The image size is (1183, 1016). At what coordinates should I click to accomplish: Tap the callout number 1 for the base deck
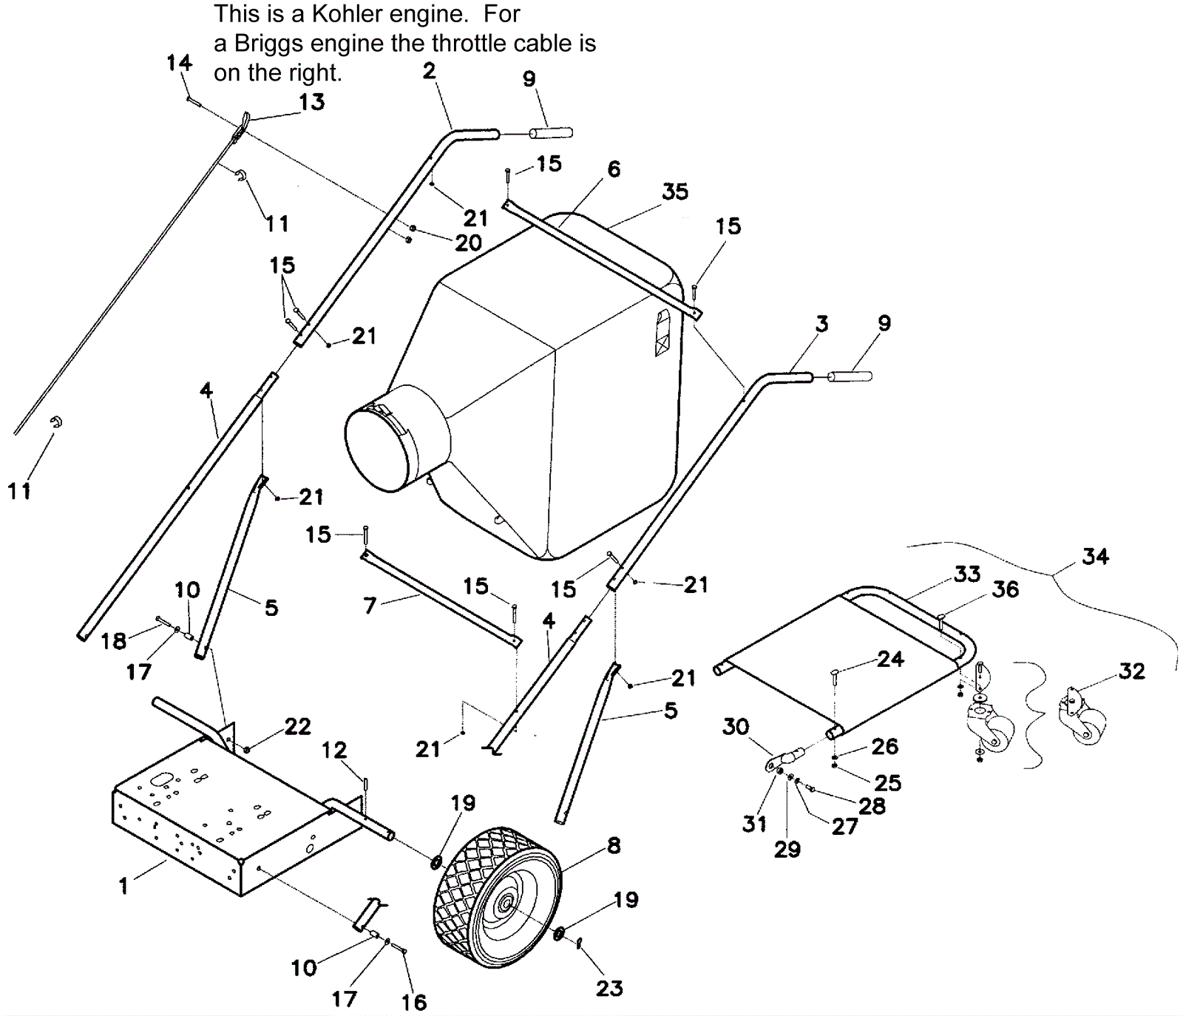[123, 885]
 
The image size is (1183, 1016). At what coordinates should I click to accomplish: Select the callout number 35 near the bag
[674, 192]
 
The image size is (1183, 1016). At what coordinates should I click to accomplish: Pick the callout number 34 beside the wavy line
[1095, 556]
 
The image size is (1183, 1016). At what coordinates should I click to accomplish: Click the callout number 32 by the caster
[1131, 671]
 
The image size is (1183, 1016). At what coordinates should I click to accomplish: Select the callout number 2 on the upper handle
[429, 71]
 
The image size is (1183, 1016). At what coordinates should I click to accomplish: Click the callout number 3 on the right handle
[822, 324]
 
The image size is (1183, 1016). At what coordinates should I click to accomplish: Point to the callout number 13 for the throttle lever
[311, 102]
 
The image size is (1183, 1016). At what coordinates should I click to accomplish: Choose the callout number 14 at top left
[179, 63]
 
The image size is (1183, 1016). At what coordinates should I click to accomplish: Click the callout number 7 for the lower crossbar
[370, 606]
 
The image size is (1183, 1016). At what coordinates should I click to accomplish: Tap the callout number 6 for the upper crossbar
[614, 169]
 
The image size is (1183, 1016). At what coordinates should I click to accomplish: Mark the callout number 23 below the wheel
[609, 988]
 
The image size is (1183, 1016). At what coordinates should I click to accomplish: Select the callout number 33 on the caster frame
[967, 575]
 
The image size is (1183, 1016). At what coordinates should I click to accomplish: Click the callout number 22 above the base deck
[297, 727]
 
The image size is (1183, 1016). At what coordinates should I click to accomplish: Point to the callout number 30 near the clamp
[736, 727]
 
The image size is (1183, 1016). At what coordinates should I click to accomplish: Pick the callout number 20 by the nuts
[468, 243]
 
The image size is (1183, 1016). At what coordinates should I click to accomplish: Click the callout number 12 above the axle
[334, 751]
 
